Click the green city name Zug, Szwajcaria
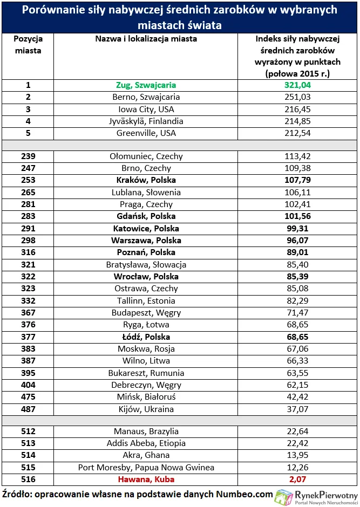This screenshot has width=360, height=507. point(146,85)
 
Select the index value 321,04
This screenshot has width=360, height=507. point(298,85)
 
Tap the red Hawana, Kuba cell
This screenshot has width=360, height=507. point(146,479)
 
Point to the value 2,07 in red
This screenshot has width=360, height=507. point(298,479)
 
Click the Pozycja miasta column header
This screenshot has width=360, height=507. point(28,44)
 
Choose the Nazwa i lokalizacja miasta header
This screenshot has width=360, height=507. point(146,39)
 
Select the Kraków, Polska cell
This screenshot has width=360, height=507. point(146,180)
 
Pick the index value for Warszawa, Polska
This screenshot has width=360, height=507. point(298,241)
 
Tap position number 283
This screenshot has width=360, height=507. point(28,216)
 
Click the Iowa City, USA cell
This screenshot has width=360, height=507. point(146,109)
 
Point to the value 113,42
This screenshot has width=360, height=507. point(298,156)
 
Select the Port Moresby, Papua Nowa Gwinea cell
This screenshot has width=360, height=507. point(146,467)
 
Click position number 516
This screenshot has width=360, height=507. point(28,479)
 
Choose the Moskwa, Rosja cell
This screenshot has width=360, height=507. point(146,349)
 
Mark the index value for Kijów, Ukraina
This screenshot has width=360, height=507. point(298,409)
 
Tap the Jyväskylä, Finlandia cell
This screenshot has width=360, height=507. point(146,121)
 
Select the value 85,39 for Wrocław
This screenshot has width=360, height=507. point(298,277)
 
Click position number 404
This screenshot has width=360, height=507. point(28,385)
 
